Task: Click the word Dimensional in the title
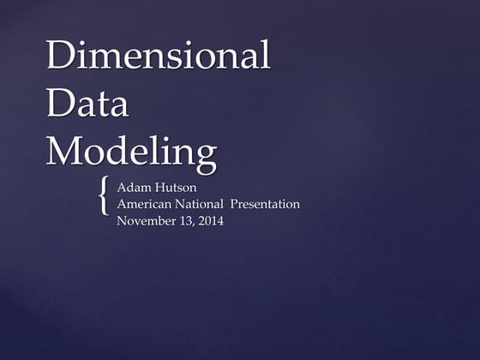point(158,56)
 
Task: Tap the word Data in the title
point(87,104)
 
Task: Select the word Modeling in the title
point(131,153)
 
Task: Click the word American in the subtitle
point(147,205)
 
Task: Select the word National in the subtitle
point(203,205)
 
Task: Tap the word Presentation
point(266,205)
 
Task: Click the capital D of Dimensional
point(63,56)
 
